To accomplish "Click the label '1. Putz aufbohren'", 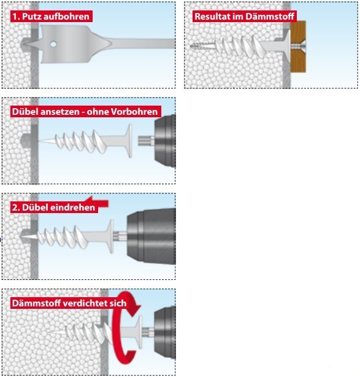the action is point(51,17).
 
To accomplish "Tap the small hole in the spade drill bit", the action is point(53,44).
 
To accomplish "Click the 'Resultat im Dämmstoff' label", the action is point(245,17).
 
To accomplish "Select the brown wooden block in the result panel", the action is point(298,47).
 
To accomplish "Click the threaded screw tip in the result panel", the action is point(202,45).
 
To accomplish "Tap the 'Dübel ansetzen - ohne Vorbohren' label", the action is point(85,112).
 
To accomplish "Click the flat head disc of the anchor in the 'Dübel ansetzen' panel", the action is point(129,141).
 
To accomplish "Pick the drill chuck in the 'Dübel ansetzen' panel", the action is point(165,141).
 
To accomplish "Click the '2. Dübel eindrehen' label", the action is point(54,208).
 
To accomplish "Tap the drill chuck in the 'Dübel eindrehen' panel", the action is point(151,236).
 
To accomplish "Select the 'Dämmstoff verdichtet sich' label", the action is point(69,303).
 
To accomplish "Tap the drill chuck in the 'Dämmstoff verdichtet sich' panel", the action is point(165,332).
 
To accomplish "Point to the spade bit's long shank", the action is point(143,44).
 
